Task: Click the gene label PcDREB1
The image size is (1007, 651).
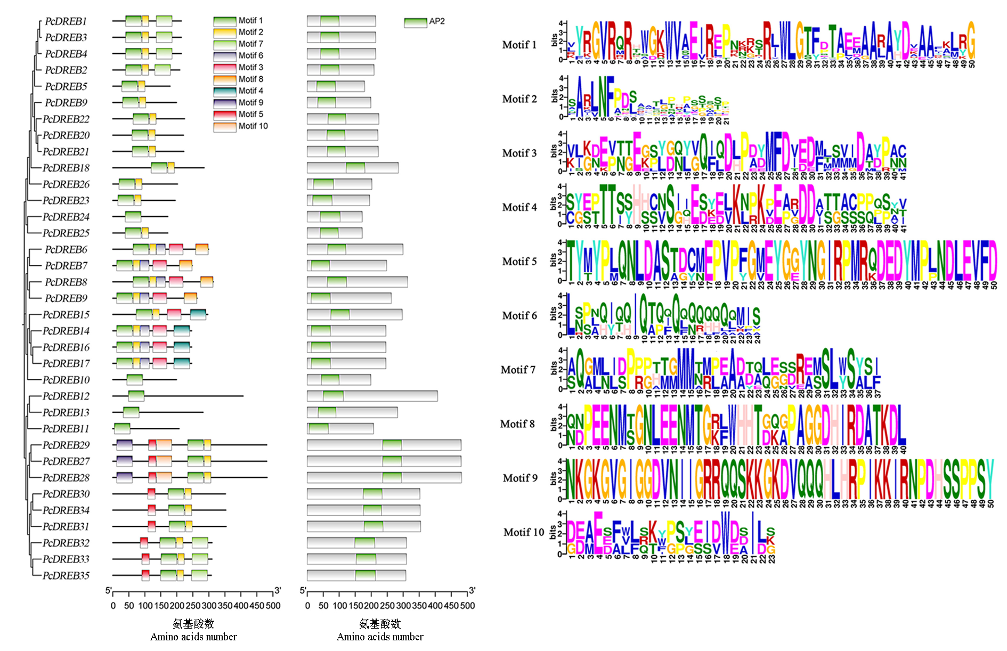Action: (x=66, y=21)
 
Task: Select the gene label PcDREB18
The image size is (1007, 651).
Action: (x=66, y=168)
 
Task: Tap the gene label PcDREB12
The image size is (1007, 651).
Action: (x=66, y=396)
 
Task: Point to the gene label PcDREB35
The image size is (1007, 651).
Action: (x=66, y=576)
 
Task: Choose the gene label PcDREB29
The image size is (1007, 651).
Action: (x=66, y=445)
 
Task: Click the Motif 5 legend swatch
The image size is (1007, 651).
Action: (x=224, y=115)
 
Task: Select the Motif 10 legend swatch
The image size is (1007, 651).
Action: (x=224, y=126)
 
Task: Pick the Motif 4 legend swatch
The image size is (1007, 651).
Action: (x=224, y=91)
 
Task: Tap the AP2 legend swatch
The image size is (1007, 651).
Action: (x=415, y=22)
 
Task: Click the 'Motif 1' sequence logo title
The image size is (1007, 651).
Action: (x=519, y=45)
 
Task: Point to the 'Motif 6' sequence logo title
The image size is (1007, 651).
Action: (x=519, y=316)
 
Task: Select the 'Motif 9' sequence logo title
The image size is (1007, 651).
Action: (x=519, y=478)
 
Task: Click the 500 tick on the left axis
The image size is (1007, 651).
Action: (x=273, y=606)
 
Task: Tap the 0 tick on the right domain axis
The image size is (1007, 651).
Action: (x=307, y=606)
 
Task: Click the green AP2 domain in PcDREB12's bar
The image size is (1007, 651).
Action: (x=333, y=396)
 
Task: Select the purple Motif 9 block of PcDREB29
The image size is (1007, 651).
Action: (x=124, y=445)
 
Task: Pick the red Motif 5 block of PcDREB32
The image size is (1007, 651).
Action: (x=144, y=543)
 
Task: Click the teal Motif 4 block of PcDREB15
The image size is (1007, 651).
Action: (x=198, y=315)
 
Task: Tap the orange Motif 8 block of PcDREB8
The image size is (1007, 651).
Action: (x=207, y=282)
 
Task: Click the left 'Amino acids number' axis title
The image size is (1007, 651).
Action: (x=193, y=637)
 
